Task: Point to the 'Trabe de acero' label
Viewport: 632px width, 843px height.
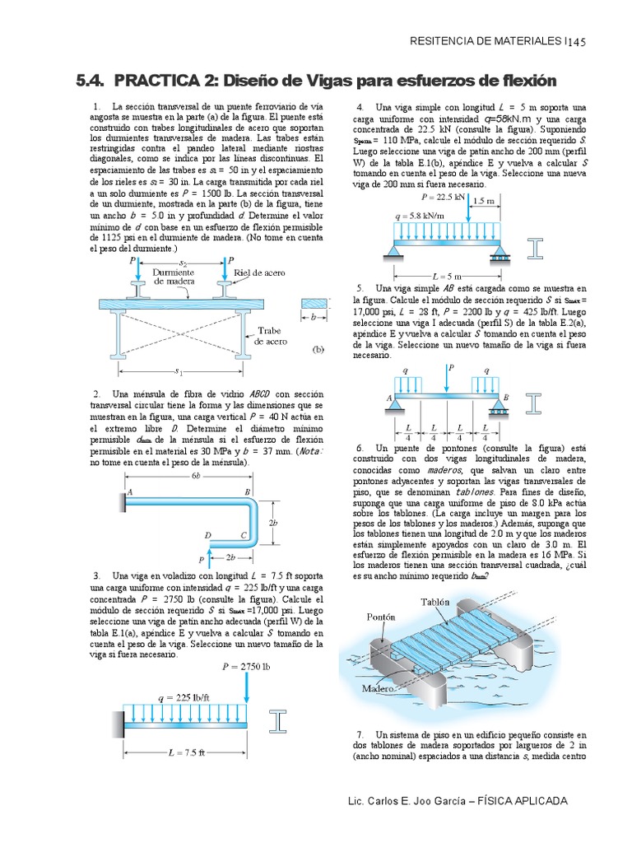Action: (x=271, y=334)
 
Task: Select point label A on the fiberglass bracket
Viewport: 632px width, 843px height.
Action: (x=129, y=491)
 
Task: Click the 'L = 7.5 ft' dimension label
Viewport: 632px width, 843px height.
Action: (x=185, y=752)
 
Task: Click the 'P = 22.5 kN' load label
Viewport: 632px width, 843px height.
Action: (x=445, y=198)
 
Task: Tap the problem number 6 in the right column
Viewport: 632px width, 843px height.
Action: (x=360, y=447)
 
